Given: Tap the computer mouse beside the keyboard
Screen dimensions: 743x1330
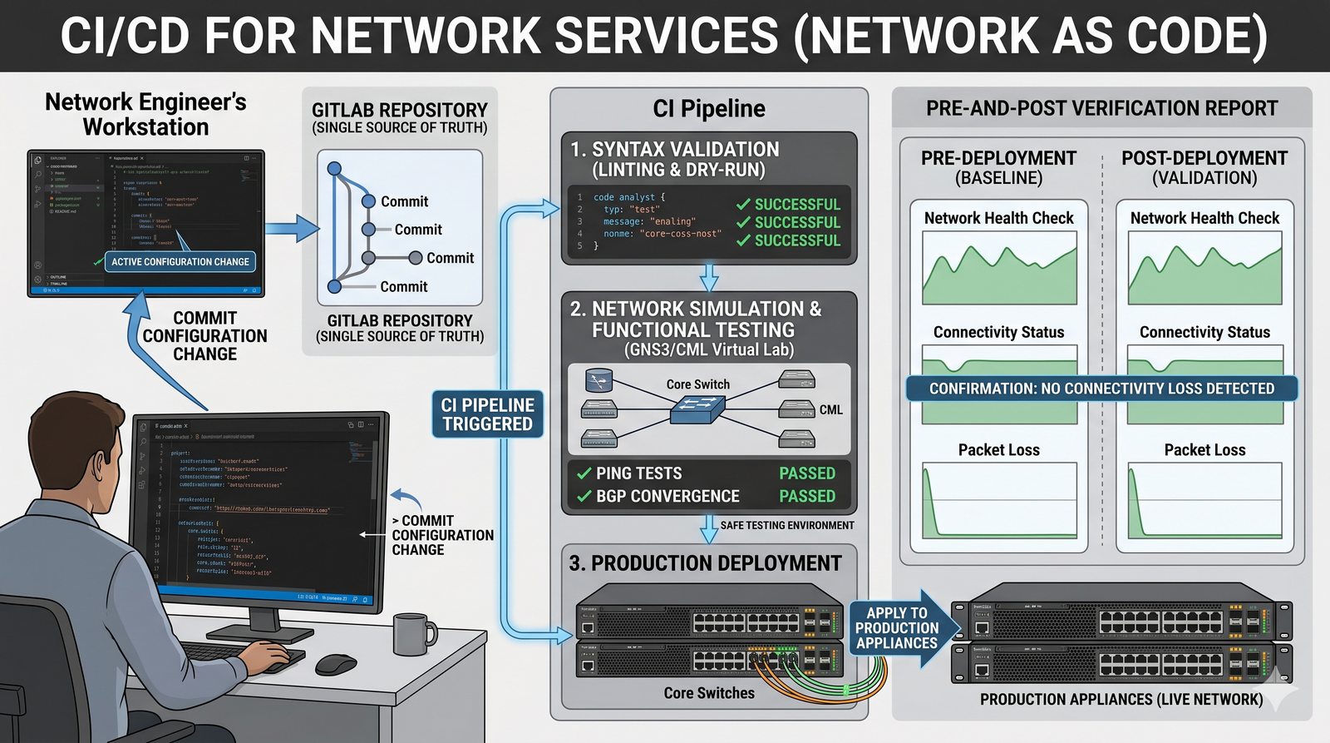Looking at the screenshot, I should (336, 664).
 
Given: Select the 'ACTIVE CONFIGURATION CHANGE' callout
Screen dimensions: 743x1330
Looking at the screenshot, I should (180, 261).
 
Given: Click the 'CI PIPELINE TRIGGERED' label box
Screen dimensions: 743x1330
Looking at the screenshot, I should (487, 414).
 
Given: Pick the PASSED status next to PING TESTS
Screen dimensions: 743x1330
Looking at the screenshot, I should (806, 473).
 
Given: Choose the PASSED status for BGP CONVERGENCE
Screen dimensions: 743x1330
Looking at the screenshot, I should (806, 496).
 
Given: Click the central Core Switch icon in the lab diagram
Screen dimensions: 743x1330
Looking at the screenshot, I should (697, 409).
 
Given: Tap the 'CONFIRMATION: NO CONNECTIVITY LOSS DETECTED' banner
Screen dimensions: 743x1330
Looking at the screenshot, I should (1101, 389).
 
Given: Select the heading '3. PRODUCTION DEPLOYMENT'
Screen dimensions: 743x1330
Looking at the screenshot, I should (705, 563).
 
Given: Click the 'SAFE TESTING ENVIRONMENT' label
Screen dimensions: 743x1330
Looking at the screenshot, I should (786, 525).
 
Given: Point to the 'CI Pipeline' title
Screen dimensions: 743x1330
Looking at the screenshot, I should (709, 109).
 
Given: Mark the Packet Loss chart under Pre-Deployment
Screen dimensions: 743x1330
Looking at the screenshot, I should (999, 500).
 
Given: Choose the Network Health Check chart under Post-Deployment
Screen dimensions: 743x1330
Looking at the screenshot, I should (1204, 268).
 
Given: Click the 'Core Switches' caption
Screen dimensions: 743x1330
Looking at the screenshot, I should (709, 693).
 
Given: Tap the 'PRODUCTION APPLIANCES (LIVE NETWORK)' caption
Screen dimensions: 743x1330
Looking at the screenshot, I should (1121, 700).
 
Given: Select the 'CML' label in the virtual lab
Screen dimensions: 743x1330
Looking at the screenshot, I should (830, 410).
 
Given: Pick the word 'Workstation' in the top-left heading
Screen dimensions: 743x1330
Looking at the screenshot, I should (145, 127).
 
